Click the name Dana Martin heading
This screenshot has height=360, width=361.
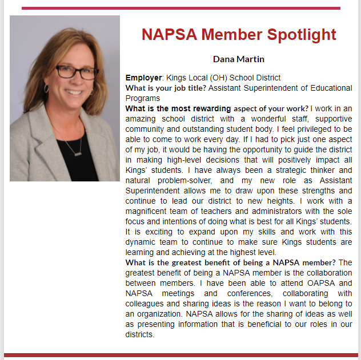[239, 59]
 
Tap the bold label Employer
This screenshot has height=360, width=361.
[144, 78]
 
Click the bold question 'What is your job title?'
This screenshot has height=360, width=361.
[166, 88]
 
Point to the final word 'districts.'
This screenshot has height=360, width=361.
[140, 334]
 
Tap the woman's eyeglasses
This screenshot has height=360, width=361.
[77, 72]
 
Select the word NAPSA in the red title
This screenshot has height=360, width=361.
[169, 34]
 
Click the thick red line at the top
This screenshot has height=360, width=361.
[181, 8]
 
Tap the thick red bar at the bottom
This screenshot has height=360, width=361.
[181, 355]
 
